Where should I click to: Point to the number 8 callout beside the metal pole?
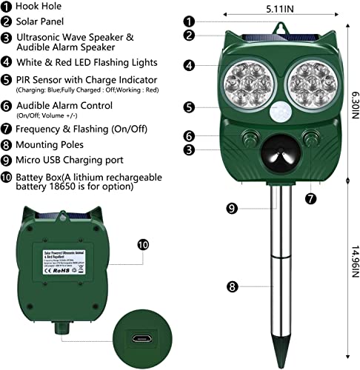(x=233, y=283)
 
